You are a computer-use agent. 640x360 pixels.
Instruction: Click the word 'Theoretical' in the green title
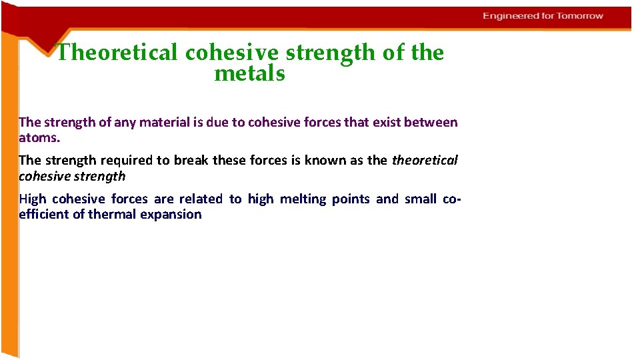[117, 53]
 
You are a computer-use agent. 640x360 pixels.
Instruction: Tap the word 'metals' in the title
[249, 74]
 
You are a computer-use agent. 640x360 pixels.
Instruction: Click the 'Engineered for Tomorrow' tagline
[543, 16]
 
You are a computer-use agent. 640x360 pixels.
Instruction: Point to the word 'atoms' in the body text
[39, 138]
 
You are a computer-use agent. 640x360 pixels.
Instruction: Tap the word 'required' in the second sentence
[127, 160]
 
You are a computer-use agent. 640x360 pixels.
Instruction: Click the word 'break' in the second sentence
[191, 160]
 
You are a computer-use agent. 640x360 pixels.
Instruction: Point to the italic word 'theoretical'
[425, 160]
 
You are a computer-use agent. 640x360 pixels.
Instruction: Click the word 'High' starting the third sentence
[33, 199]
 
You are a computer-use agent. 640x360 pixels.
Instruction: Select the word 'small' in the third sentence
[420, 199]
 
